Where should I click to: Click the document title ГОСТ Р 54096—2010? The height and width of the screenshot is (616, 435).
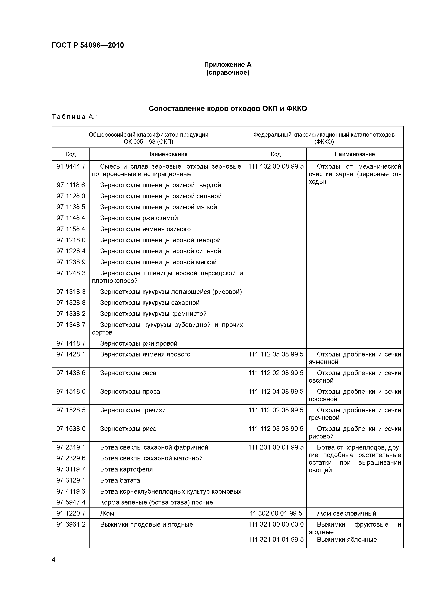click(x=88, y=45)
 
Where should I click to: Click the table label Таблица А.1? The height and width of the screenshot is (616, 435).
click(x=75, y=117)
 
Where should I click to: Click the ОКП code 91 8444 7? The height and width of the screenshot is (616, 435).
click(x=71, y=167)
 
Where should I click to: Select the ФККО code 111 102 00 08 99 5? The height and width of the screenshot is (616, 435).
click(x=276, y=167)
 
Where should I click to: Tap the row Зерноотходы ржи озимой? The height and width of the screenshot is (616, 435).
click(x=139, y=218)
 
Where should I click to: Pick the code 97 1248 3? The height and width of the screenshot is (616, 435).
click(x=71, y=273)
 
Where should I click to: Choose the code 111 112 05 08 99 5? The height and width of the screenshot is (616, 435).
click(x=276, y=354)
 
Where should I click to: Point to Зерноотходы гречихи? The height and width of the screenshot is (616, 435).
click(x=133, y=410)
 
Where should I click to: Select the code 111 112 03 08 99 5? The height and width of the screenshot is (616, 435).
click(x=276, y=429)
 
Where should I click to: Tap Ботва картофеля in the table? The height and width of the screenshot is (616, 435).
click(x=126, y=469)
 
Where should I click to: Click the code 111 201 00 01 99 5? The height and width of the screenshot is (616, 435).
click(x=276, y=447)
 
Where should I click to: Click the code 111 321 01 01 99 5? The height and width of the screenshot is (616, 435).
click(x=276, y=540)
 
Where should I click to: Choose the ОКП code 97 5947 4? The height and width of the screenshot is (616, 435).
click(x=71, y=502)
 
